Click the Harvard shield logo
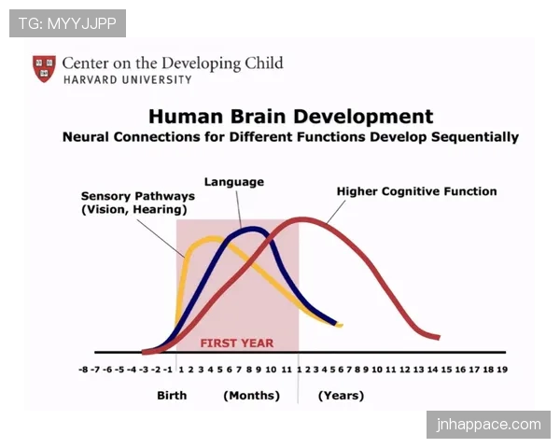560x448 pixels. tap(44, 68)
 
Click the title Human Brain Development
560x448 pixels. tap(290, 116)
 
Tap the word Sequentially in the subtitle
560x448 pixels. tap(475, 137)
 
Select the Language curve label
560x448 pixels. tap(234, 182)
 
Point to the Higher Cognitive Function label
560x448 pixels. tap(417, 191)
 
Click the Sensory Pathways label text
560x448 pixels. tap(138, 203)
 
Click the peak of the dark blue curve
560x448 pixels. tap(253, 229)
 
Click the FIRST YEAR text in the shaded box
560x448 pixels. tap(237, 343)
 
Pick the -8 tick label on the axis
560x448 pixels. tap(83, 370)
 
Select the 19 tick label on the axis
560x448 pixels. tap(502, 370)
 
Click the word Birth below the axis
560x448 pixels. tap(172, 396)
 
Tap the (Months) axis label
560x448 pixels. tap(251, 396)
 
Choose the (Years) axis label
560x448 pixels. tap(341, 396)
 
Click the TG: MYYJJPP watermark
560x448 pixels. tap(67, 23)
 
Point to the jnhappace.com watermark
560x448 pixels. tap(488, 425)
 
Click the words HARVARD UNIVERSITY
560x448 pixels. tap(128, 79)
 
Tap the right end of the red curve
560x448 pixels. tap(439, 337)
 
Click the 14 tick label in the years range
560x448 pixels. tap(432, 370)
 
